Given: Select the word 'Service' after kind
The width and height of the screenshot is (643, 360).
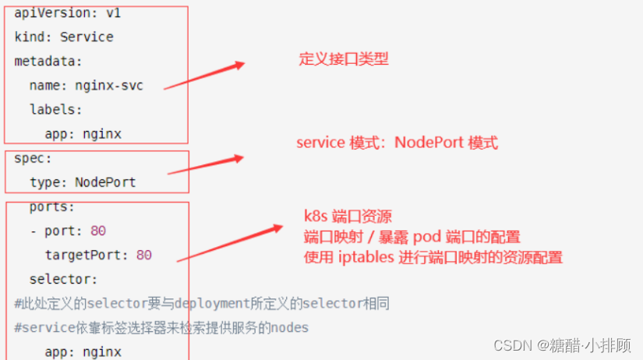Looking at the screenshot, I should [87, 37].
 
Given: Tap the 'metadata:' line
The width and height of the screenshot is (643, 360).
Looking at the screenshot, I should [48, 61].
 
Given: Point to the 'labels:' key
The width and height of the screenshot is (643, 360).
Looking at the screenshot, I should [55, 109].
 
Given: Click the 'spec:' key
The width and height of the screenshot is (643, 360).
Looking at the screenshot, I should [33, 157].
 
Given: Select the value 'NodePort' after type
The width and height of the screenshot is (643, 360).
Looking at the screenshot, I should [105, 182].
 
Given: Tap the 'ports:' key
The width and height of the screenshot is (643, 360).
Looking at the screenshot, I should [51, 206].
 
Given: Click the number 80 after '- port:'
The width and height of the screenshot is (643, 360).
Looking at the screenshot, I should [98, 231].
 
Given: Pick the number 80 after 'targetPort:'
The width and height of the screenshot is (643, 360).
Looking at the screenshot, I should [143, 255].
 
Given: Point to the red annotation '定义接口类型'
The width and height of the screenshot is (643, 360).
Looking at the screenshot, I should [344, 59].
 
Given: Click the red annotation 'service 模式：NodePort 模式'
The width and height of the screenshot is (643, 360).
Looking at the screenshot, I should [397, 143].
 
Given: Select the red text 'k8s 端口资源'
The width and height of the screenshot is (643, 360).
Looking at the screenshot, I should [348, 216].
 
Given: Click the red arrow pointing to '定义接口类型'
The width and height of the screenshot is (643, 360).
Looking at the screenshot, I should [204, 76].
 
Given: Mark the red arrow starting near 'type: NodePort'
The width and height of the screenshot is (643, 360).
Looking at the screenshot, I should [207, 165].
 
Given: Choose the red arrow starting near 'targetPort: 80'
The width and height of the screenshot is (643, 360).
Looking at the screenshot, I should [229, 243].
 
